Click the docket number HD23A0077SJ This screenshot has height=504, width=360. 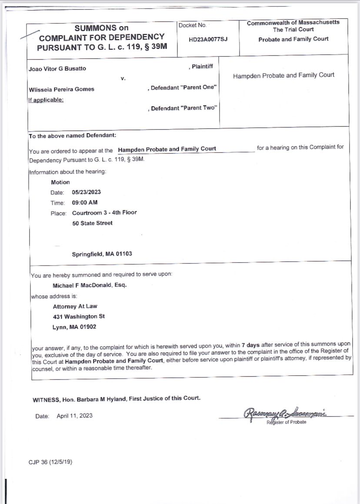(x=208, y=39)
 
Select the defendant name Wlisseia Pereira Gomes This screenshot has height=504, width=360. (x=61, y=89)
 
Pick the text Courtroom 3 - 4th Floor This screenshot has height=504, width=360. (x=104, y=213)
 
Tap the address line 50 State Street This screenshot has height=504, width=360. (x=92, y=223)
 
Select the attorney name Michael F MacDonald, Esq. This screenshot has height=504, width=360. (x=90, y=285)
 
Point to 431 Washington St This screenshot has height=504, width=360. (x=79, y=317)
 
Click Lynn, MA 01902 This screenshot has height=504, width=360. (x=74, y=327)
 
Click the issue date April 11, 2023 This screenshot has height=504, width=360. (x=74, y=416)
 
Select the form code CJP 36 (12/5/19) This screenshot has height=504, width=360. (x=50, y=462)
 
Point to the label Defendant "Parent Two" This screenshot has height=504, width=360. (x=183, y=108)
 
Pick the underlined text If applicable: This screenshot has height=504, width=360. (x=46, y=100)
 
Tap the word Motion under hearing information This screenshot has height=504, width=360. (x=60, y=182)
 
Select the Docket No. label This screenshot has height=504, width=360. (x=192, y=26)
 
